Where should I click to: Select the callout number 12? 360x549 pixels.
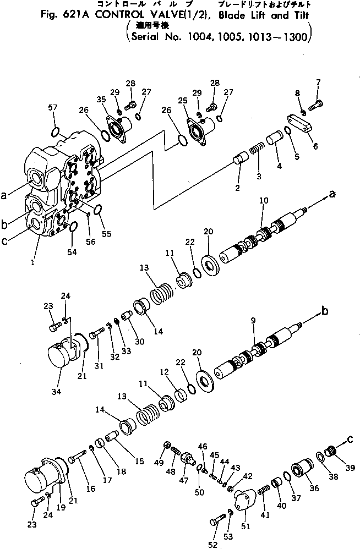tap(165, 372)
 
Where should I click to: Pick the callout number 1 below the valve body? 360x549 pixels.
tap(34, 263)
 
